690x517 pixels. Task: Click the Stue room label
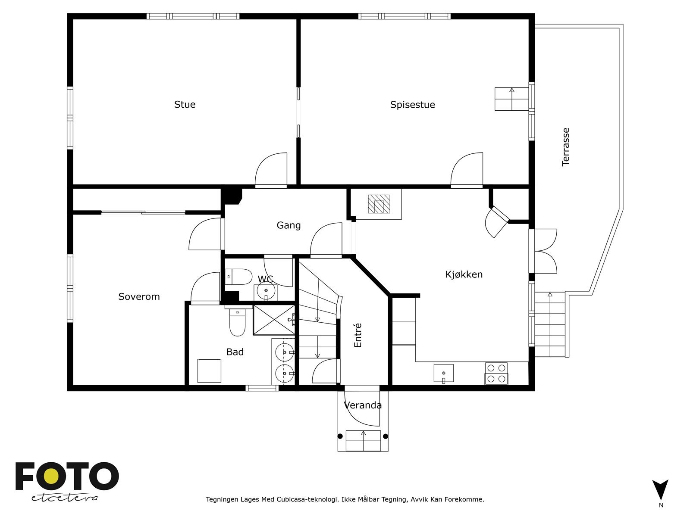click(x=185, y=105)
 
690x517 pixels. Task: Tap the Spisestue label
click(x=412, y=105)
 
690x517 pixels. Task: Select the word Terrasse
click(x=565, y=147)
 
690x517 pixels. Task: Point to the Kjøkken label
click(x=464, y=274)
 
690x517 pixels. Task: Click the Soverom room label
click(x=139, y=297)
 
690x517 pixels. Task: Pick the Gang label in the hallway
click(x=289, y=225)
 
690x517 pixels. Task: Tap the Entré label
click(x=358, y=335)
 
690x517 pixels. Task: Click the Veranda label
click(x=363, y=405)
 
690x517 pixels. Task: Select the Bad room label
click(x=235, y=352)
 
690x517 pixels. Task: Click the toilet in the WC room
click(x=239, y=277)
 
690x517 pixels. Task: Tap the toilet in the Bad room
click(x=237, y=322)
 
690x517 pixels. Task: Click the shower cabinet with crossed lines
click(x=274, y=320)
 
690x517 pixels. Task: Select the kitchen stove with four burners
click(x=497, y=374)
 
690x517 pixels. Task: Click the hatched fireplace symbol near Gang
click(x=379, y=204)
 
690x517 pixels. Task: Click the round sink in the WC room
click(x=266, y=291)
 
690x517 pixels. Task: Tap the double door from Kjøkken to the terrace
click(x=543, y=251)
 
